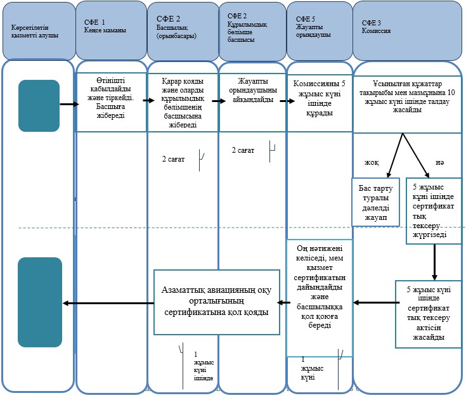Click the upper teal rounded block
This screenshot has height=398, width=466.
pyautogui.click(x=39, y=105)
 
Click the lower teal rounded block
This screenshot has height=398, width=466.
pyautogui.click(x=40, y=302)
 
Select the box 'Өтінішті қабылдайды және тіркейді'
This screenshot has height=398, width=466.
pyautogui.click(x=111, y=102)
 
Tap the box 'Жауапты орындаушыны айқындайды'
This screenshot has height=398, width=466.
pyautogui.click(x=252, y=102)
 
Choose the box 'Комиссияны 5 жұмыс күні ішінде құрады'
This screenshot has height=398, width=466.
pyautogui.click(x=320, y=102)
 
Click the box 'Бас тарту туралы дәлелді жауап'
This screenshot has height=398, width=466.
pyautogui.click(x=375, y=202)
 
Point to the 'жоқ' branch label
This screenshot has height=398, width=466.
pyautogui.click(x=372, y=162)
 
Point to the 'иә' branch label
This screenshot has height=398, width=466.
pyautogui.click(x=440, y=162)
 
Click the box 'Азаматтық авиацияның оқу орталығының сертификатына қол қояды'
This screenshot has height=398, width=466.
pyautogui.click(x=217, y=302)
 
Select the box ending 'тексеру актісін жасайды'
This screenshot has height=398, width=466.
pyautogui.click(x=428, y=314)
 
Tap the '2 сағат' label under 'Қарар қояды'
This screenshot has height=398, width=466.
pyautogui.click(x=173, y=159)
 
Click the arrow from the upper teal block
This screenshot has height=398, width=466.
pyautogui.click(x=70, y=104)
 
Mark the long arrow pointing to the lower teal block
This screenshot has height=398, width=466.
pyautogui.click(x=108, y=303)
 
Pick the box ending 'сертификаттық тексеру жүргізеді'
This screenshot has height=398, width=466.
pyautogui.click(x=433, y=211)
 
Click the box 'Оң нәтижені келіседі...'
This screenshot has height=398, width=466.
pyautogui.click(x=320, y=298)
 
